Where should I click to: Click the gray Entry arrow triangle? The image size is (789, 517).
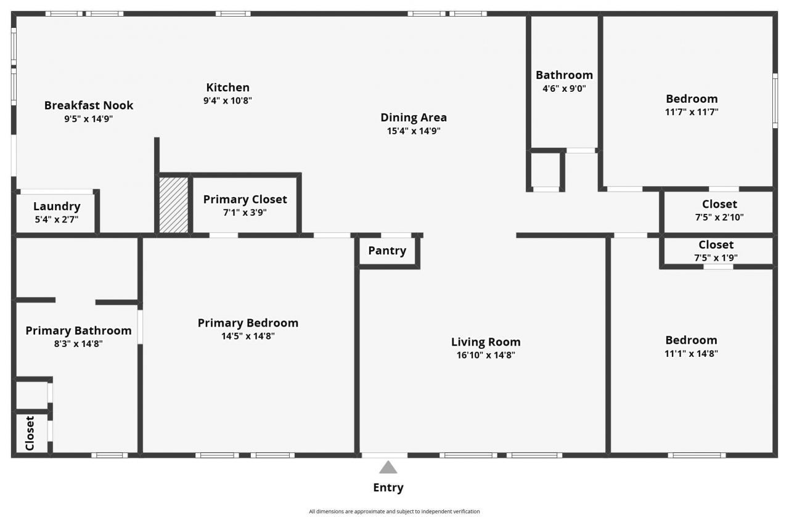[388, 468]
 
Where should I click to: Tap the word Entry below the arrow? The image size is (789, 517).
[388, 487]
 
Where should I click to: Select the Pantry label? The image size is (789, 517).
[387, 251]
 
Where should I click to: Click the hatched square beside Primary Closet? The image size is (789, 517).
[174, 205]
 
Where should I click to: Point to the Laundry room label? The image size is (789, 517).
[57, 206]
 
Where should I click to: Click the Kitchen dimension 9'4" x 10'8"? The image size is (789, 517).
[227, 100]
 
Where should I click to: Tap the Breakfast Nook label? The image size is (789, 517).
[89, 105]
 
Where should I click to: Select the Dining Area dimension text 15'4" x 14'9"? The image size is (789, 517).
[414, 131]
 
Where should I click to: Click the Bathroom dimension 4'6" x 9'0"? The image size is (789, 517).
[564, 88]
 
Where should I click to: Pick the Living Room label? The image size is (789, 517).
[486, 342]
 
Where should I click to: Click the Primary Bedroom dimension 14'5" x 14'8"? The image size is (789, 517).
[248, 336]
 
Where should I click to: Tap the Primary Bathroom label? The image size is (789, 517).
[78, 331]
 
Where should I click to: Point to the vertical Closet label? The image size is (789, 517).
[30, 433]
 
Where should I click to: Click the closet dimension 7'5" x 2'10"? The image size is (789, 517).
[719, 218]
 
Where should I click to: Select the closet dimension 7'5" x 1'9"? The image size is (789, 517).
[716, 258]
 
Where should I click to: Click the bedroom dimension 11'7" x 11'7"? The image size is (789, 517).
[692, 112]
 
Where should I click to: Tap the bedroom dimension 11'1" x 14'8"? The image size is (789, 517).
[691, 354]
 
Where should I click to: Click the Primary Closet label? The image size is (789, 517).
[245, 200]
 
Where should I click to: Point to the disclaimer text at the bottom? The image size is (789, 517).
[394, 511]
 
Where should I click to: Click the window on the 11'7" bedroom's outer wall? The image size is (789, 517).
[775, 100]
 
